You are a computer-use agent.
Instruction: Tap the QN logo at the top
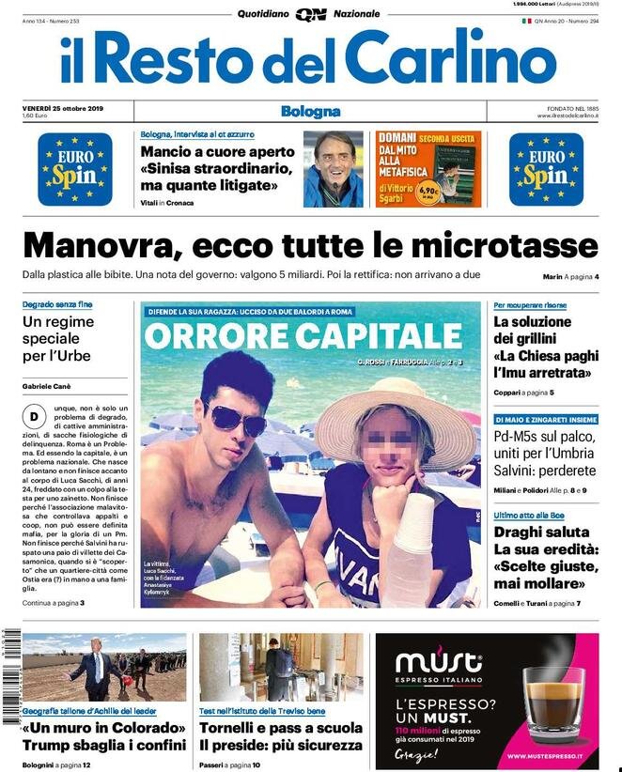click(x=310, y=14)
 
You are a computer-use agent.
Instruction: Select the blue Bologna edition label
click(x=310, y=112)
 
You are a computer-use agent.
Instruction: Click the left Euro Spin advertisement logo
click(x=74, y=169)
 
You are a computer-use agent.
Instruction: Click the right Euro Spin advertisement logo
click(x=546, y=169)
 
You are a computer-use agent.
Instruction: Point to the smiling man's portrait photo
click(x=333, y=169)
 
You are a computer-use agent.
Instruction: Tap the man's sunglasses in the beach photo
click(x=236, y=419)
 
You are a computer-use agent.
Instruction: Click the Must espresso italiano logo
click(x=439, y=666)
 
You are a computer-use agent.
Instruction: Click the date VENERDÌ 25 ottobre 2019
click(x=63, y=108)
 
